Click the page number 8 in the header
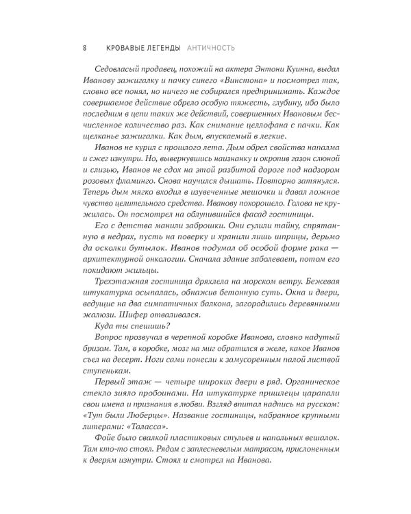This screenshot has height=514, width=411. click(x=84, y=49)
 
